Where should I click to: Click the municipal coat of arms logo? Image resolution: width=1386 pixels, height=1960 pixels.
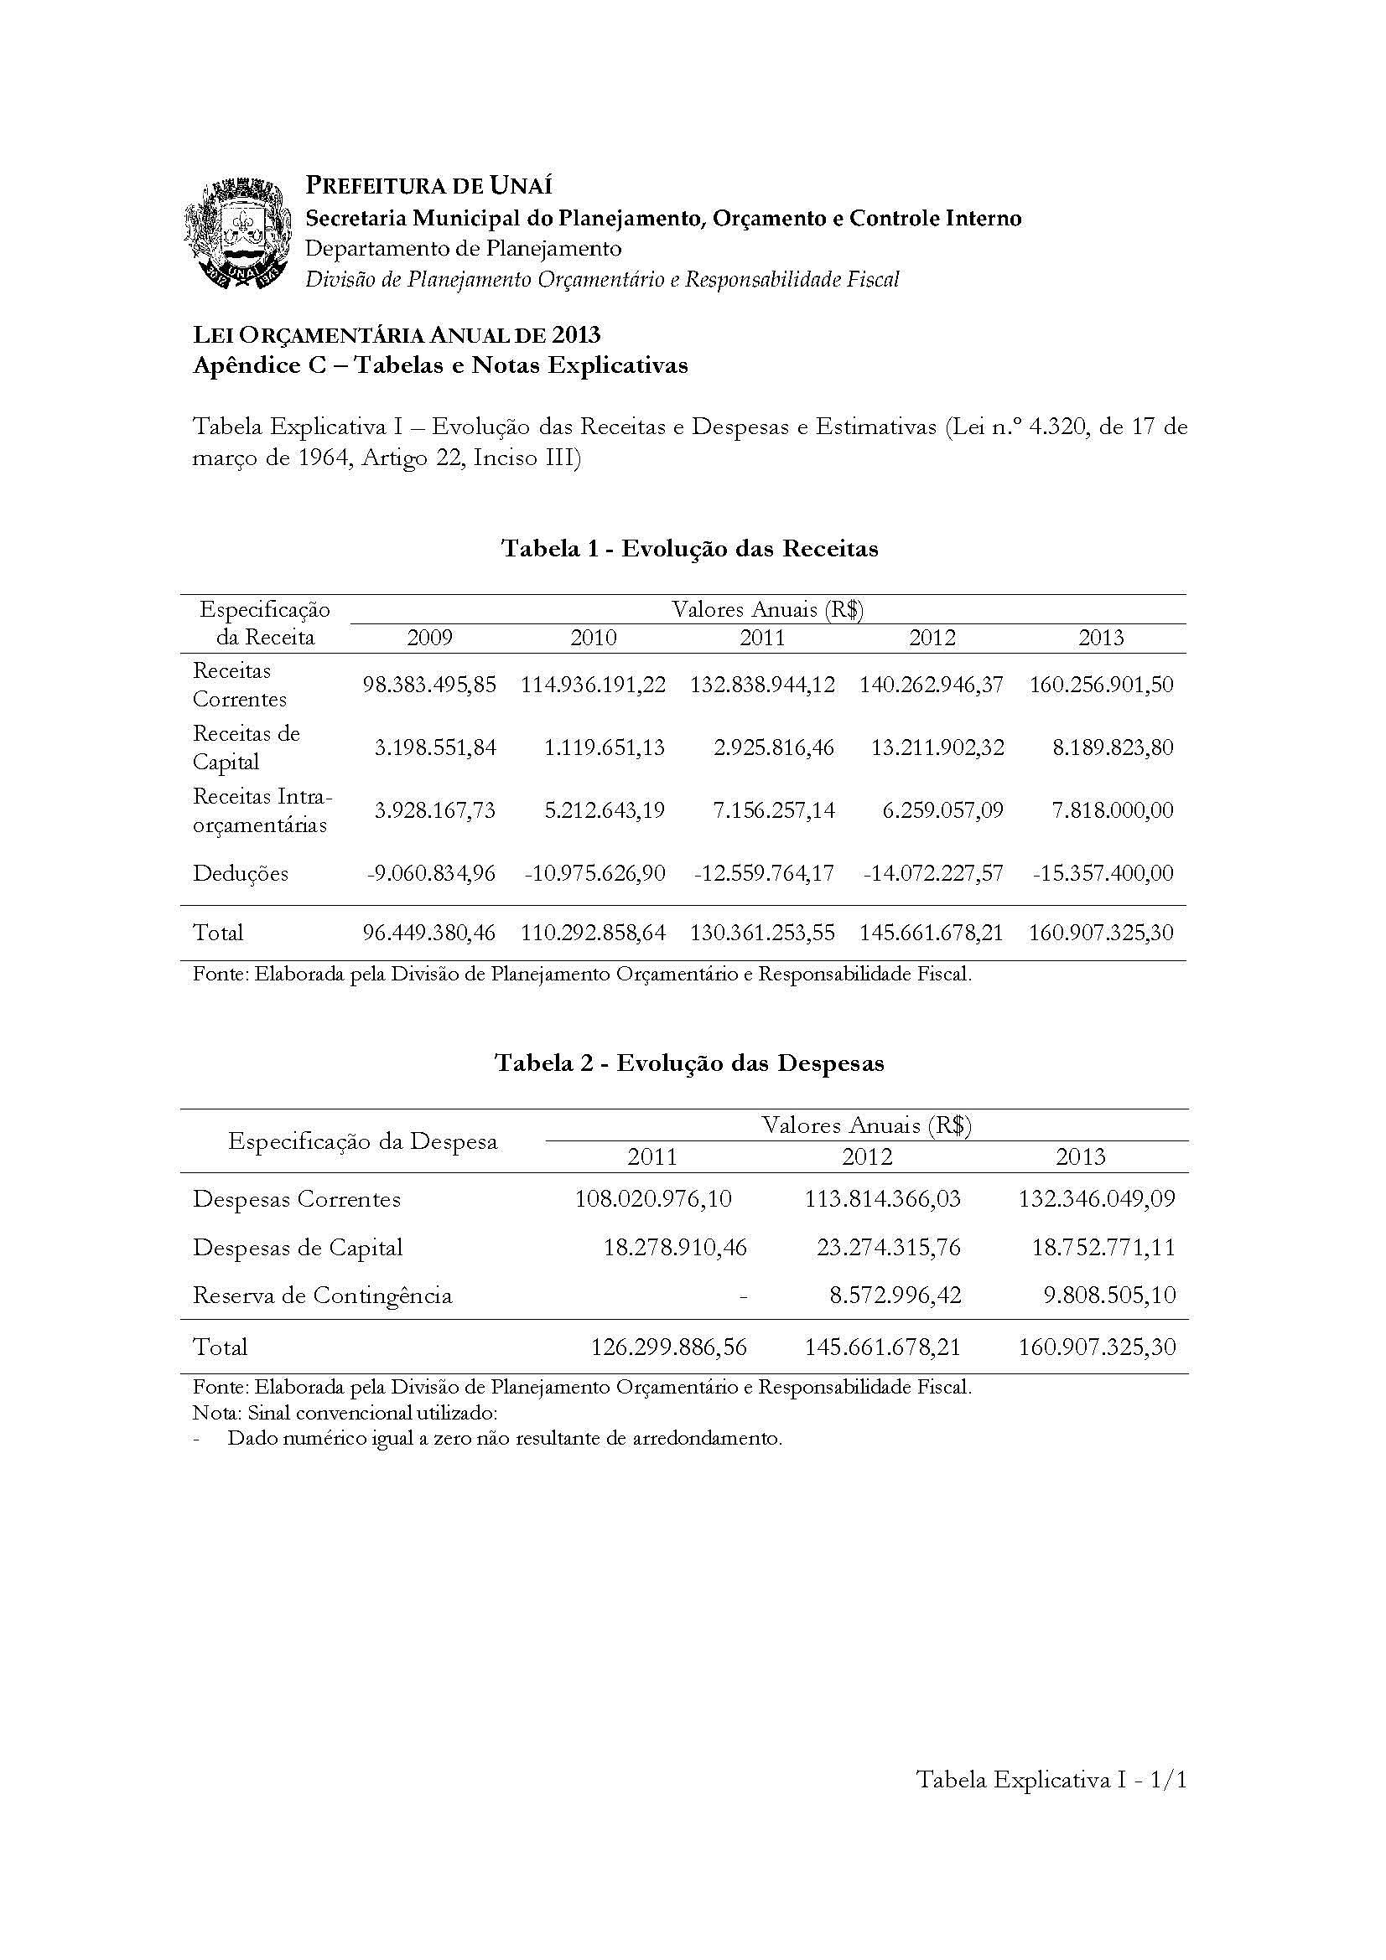tap(236, 233)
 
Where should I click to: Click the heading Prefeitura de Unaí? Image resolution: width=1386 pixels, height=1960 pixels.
tap(428, 185)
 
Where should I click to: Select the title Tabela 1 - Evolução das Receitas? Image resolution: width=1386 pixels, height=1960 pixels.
tap(689, 548)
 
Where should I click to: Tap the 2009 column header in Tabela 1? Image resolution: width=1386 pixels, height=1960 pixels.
tap(429, 638)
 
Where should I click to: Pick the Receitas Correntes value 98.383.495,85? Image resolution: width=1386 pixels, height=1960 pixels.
tap(429, 685)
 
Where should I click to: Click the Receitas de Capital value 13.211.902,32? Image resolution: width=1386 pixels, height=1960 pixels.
tap(937, 747)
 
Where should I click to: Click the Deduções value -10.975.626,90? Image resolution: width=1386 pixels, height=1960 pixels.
tap(593, 873)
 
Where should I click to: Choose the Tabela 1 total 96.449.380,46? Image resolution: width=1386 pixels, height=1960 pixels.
tap(429, 932)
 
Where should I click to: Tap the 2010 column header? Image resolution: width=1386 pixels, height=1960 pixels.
tap(594, 638)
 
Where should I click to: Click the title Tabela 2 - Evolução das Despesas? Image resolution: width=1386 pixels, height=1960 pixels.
tap(689, 1063)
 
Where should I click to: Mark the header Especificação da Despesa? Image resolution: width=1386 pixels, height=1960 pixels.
tap(363, 1141)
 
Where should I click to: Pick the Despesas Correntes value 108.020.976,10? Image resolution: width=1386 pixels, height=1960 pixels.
tap(653, 1198)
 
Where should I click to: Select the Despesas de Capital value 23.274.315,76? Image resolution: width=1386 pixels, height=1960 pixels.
tap(882, 1247)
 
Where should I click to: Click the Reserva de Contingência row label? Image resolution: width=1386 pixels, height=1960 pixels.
tap(322, 1295)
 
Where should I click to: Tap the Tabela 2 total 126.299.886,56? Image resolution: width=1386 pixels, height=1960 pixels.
tap(668, 1347)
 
